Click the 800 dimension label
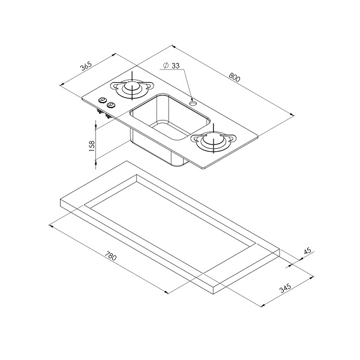tap(235, 77)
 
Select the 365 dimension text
tap(86, 66)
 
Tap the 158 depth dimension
tap(91, 146)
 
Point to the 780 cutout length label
tap(110, 256)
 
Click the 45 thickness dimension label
tap(307, 250)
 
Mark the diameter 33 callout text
tap(171, 65)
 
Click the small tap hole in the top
tap(193, 103)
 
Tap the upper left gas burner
tap(132, 88)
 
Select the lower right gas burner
tap(214, 140)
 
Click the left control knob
tap(102, 100)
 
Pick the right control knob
tap(112, 104)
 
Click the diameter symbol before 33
tap(166, 65)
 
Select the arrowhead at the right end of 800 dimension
tap(292, 115)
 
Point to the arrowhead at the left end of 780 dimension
tap(51, 226)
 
